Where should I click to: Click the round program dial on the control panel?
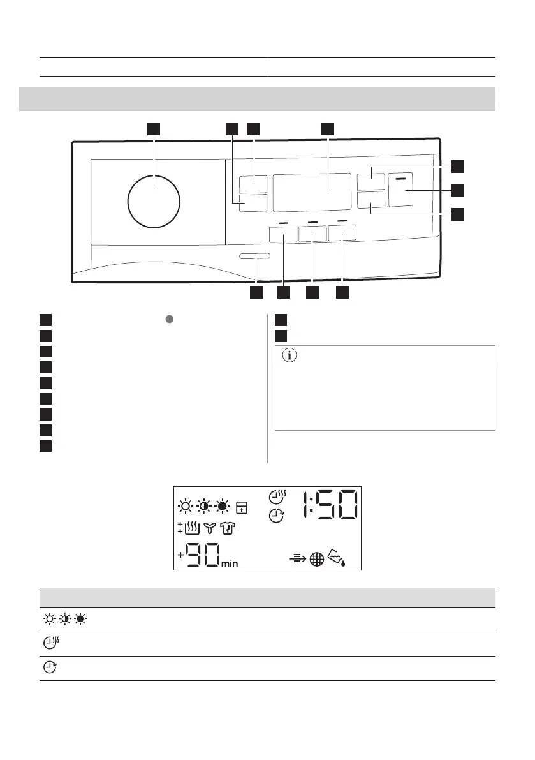pos(154,200)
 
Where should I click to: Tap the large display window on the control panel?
pos(312,192)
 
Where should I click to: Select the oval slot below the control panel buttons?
pos(255,257)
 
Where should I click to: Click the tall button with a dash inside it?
pos(402,190)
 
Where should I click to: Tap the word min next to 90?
pos(230,563)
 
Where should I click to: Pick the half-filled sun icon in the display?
pos(203,507)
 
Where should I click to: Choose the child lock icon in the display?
pos(242,507)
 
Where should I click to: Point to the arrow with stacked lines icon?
pos(298,559)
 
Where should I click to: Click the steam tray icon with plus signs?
pos(189,528)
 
